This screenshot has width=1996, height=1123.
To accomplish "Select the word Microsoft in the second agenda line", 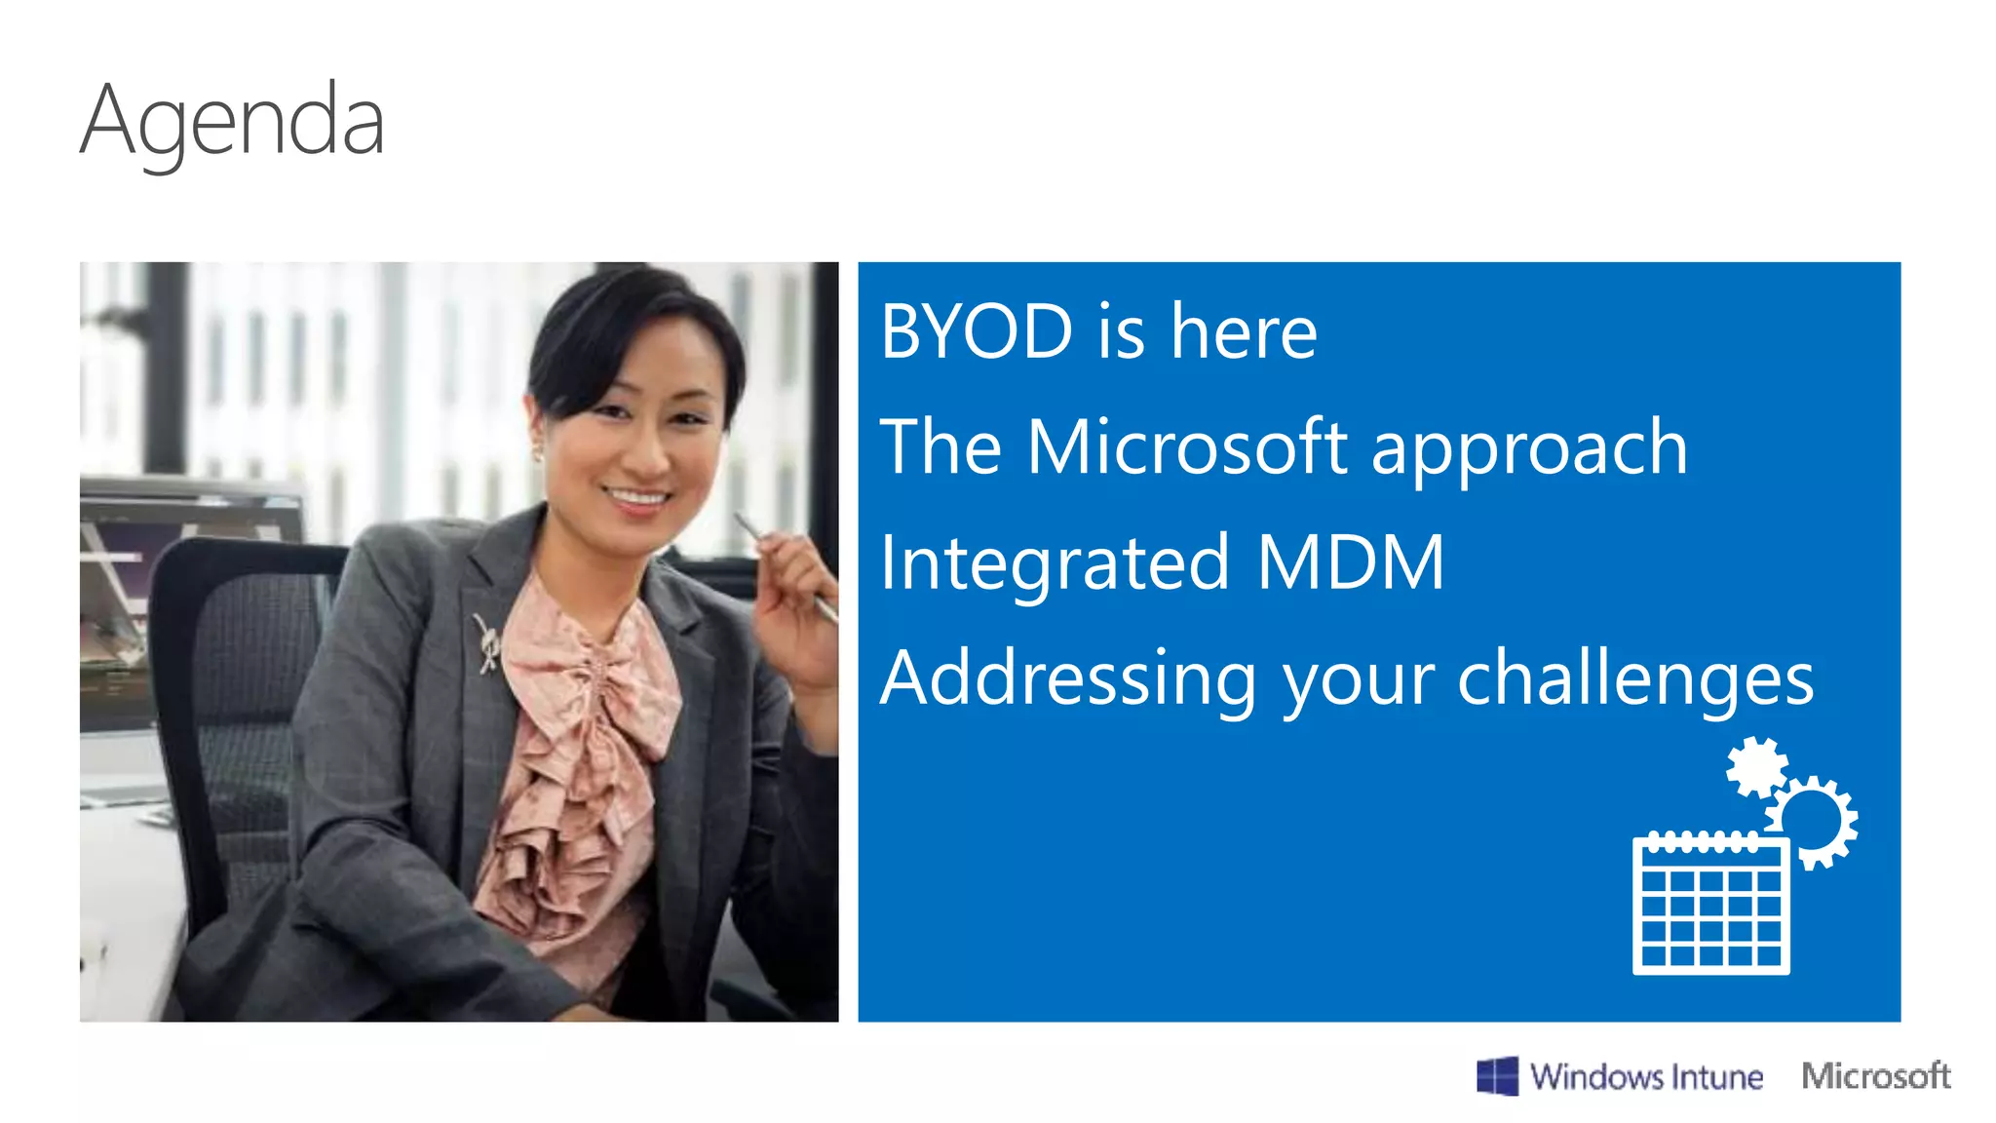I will [x=1186, y=447].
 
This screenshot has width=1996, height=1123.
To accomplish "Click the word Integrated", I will [x=1054, y=564].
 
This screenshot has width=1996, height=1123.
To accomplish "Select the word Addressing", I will [x=1068, y=679].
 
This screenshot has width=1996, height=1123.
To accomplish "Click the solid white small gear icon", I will [x=1756, y=766].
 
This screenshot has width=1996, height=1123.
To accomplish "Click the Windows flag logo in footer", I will [x=1497, y=1076].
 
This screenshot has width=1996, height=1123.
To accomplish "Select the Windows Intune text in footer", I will [x=1646, y=1077].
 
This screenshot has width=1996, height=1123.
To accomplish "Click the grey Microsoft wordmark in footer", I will [x=1875, y=1075].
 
